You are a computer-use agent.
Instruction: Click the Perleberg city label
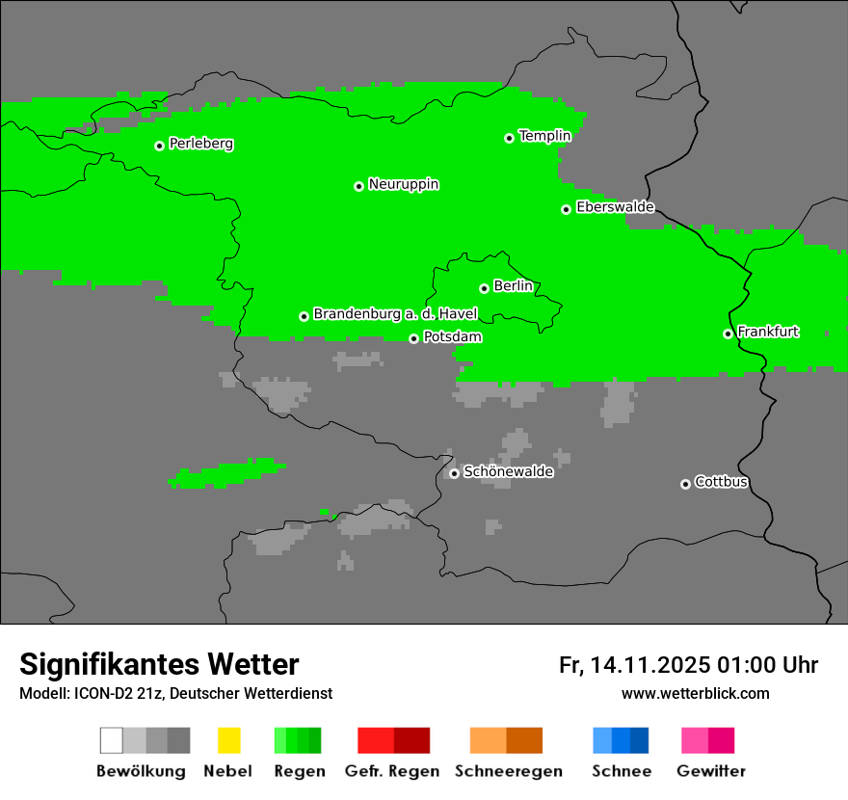(200, 144)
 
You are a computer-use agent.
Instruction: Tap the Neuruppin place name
(403, 184)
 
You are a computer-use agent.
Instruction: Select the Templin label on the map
(544, 136)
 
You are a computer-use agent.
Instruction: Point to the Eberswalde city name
(615, 207)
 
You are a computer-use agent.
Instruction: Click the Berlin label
(513, 286)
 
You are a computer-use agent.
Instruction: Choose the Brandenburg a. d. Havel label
(395, 314)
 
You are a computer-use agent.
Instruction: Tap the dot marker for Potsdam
(413, 338)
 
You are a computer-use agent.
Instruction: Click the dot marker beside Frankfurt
(728, 333)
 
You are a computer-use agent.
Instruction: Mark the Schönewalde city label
(508, 471)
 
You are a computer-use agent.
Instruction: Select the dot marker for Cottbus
(685, 484)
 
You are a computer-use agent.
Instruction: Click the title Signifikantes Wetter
(159, 665)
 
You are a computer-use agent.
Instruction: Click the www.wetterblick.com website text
(695, 694)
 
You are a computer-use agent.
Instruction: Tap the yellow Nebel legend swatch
(228, 740)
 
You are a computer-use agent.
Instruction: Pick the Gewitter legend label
(710, 771)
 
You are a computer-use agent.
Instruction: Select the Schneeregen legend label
(508, 771)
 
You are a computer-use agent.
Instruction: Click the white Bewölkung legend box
(111, 740)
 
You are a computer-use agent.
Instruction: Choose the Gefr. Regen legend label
(391, 771)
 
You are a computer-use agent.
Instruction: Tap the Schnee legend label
(621, 771)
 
